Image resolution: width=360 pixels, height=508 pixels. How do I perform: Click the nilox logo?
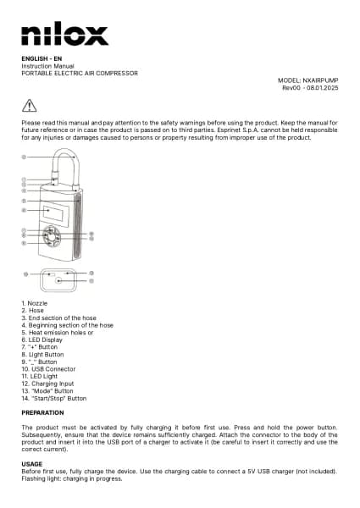[x=64, y=35]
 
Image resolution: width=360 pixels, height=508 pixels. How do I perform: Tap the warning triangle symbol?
[x=30, y=105]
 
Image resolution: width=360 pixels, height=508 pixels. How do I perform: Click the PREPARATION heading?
[x=42, y=412]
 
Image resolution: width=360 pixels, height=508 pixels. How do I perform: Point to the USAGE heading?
[x=31, y=463]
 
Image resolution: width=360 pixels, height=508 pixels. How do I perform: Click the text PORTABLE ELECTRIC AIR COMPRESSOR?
[x=79, y=73]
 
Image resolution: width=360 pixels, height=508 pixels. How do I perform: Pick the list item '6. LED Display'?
[x=45, y=340]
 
